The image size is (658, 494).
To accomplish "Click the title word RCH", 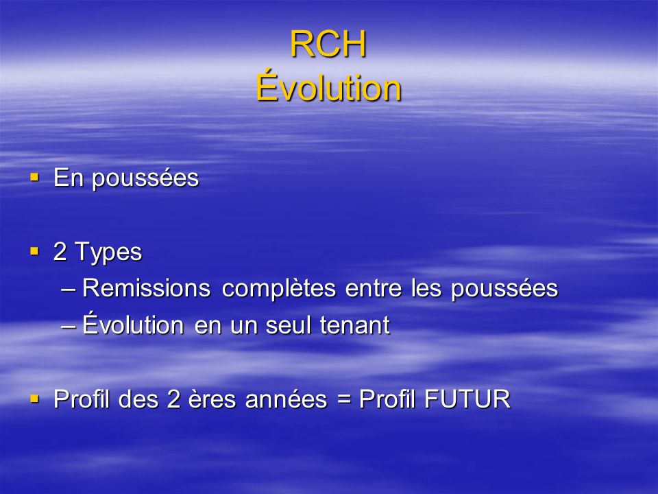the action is pos(328,44).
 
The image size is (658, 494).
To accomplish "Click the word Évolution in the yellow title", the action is pos(328,86).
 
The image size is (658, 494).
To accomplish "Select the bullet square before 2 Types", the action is pos(34,252).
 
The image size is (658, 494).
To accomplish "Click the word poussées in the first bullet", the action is pos(145,178).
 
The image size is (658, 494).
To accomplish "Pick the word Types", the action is pos(108,252).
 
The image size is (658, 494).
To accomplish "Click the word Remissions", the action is pos(146,288).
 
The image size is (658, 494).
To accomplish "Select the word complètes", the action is pos(279,289).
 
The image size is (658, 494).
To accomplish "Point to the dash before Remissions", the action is pos(69,290).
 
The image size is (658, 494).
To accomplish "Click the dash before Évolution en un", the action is pos(69,326).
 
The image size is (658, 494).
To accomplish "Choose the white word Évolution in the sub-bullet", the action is pos(133,324).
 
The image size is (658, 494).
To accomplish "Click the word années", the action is pos(286,399).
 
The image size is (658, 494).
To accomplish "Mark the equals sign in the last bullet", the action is pos(343,399).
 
